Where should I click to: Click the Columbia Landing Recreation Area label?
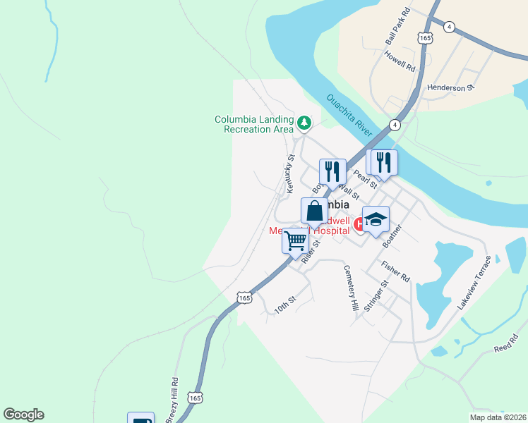point(254,124)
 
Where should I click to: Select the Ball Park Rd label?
point(395,26)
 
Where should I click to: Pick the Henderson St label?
point(452,88)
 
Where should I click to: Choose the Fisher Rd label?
point(395,272)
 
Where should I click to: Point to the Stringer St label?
point(376,299)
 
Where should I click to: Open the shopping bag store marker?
point(314,210)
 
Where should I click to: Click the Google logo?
point(23,415)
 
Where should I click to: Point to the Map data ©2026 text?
point(498,417)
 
